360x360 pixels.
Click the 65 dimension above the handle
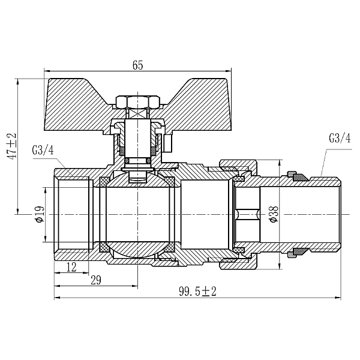tap(137, 66)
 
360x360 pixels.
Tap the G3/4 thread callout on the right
tap(340, 138)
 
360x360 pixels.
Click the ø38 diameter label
tap(273, 214)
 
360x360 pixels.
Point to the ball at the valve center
tap(137, 246)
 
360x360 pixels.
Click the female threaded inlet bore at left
tap(72, 214)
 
